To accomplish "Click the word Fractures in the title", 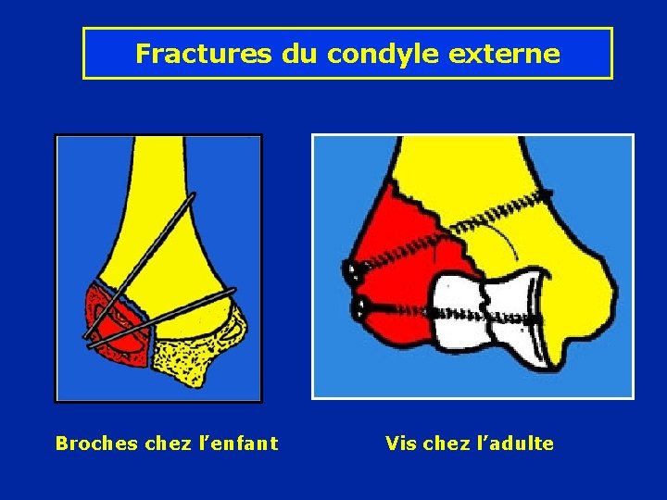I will (204, 54).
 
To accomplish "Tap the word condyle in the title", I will (383, 54).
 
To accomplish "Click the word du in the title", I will (299, 54).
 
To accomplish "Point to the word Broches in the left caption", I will (97, 444).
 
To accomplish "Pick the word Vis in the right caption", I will (401, 444).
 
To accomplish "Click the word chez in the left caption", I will (167, 444).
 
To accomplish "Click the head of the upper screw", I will (352, 271).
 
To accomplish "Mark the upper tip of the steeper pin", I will (193, 195).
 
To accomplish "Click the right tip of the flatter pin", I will (233, 291).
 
